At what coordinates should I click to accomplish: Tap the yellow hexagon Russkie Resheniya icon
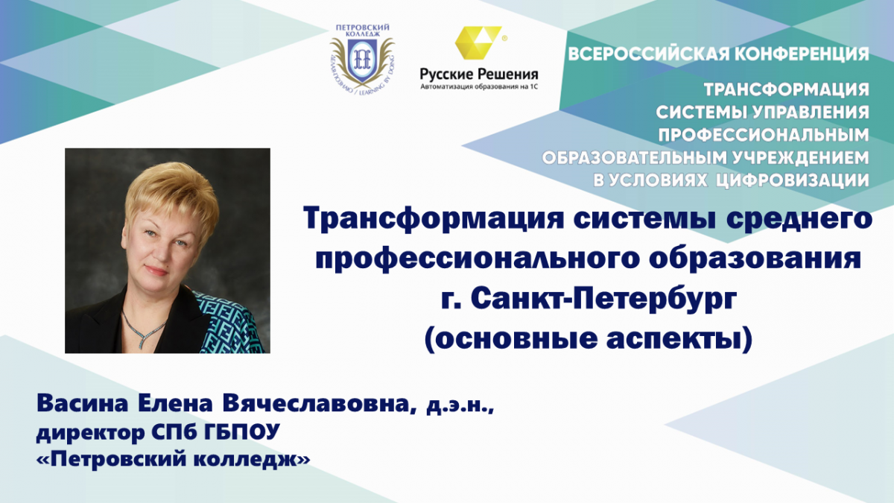(x=478, y=42)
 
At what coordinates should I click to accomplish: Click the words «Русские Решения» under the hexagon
(x=479, y=75)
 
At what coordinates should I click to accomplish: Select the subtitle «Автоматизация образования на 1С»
(x=479, y=86)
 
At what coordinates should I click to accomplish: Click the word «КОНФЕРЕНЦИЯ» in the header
(x=802, y=54)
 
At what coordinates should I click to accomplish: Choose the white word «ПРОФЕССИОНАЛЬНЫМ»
(x=764, y=136)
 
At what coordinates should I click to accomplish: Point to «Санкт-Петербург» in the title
(x=603, y=300)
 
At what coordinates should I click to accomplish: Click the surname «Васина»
(x=82, y=404)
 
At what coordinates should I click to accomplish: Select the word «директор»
(x=91, y=433)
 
